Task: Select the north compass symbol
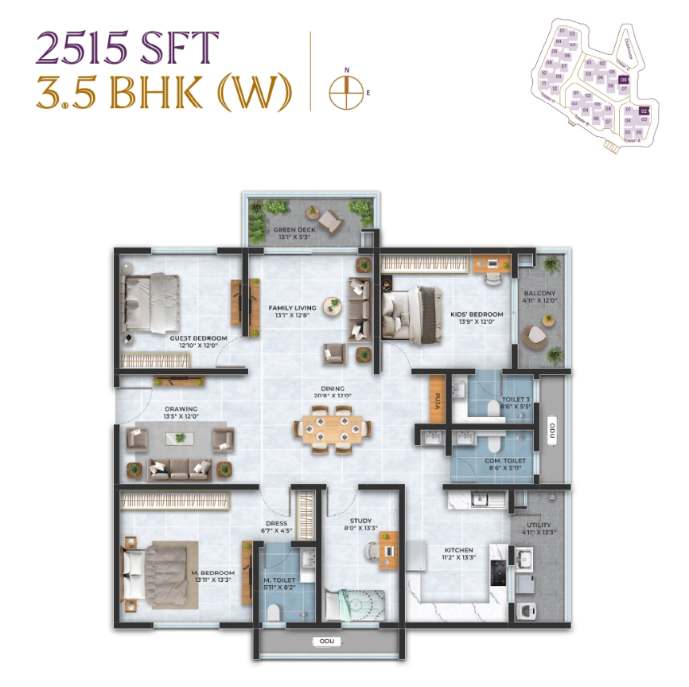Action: [x=345, y=92]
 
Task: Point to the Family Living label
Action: [x=292, y=307]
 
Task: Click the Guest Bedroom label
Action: [x=198, y=338]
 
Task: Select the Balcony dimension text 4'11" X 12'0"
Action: [x=538, y=301]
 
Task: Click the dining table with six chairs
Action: [x=331, y=429]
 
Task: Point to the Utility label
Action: [x=538, y=525]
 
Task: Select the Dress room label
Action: [x=276, y=523]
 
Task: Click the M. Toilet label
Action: [x=278, y=580]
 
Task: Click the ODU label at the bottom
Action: [x=326, y=639]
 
